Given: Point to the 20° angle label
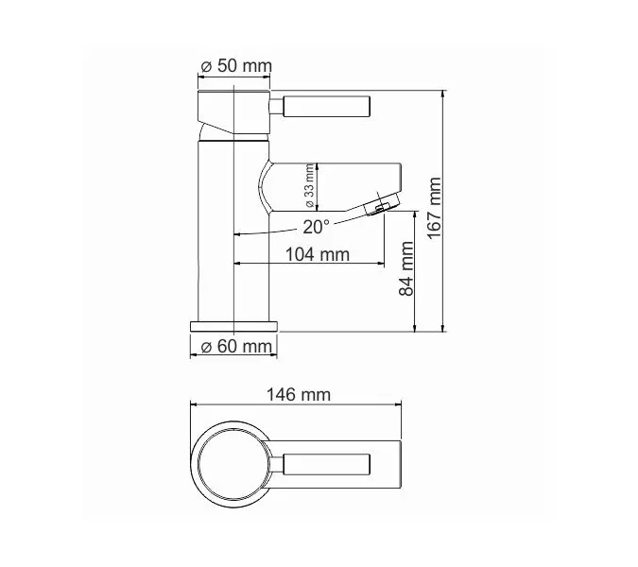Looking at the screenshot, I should tap(317, 227).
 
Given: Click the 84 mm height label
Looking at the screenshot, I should tap(407, 270).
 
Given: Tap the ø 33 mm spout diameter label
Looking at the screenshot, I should tap(309, 186).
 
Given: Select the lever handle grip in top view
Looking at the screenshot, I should tap(321, 464).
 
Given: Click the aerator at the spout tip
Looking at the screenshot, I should tap(381, 204).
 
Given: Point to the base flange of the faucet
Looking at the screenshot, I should tap(234, 324).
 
